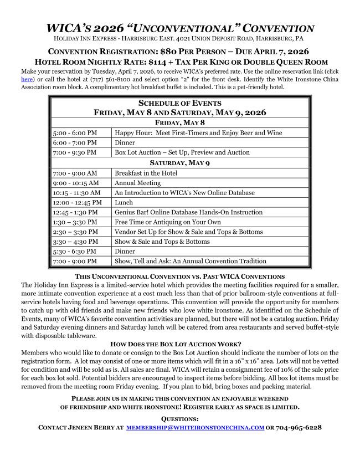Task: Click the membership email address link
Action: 195,428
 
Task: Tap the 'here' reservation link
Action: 27,79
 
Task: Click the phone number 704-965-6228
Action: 299,428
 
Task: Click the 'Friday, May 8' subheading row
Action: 179,122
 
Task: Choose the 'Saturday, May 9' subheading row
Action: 179,163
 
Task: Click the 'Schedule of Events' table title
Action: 179,103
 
